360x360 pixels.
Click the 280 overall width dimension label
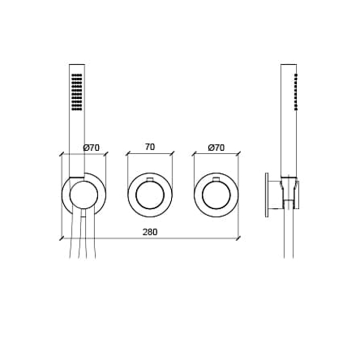coord(150,232)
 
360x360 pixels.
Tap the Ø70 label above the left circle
coord(92,148)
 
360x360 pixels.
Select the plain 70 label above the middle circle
coord(150,147)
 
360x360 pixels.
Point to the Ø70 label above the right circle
coord(217,148)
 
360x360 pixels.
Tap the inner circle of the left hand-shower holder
coord(84,195)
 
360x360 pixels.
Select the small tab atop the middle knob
coord(150,179)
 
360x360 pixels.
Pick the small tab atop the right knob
coord(217,179)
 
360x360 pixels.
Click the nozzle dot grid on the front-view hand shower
coord(77,92)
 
